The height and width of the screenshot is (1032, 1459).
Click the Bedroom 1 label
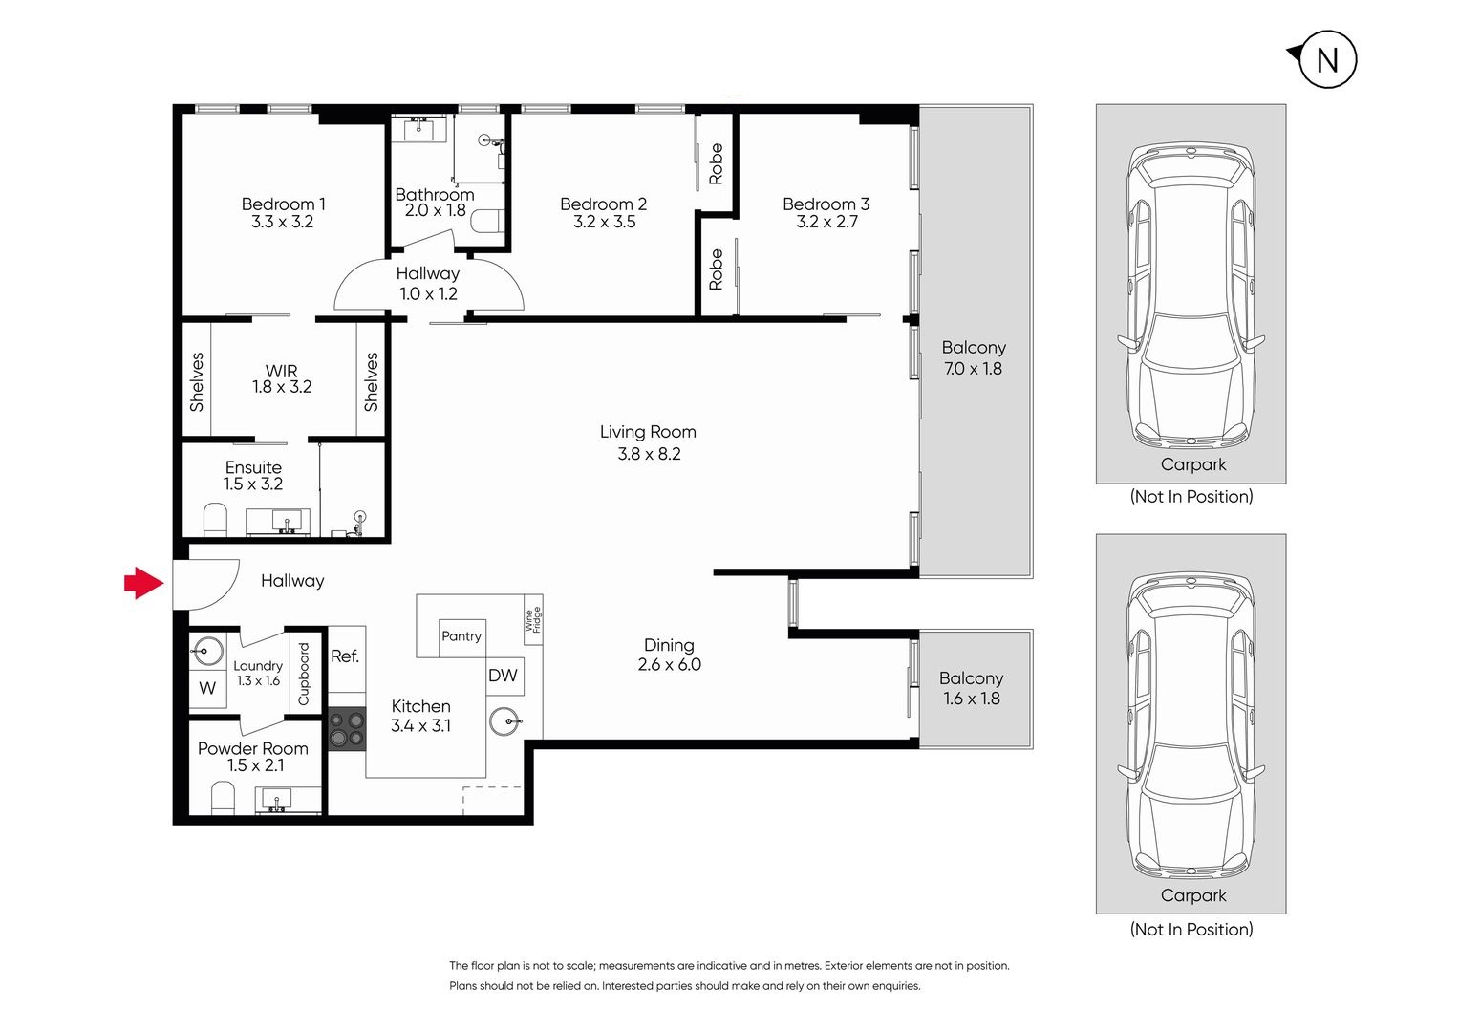pos(283,204)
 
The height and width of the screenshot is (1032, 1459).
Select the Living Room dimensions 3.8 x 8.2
pos(649,454)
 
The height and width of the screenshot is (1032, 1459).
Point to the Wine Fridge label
pos(533,620)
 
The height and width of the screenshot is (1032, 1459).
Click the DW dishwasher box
pos(504,677)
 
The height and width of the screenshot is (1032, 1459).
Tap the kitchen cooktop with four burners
pos(347,729)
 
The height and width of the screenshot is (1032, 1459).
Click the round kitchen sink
pos(505,721)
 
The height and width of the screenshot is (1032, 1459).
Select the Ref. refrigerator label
pos(345,656)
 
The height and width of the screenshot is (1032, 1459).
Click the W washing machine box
pos(207,688)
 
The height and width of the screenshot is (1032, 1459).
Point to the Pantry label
pos(461,636)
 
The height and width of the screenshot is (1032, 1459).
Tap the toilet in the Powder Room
pos(223,799)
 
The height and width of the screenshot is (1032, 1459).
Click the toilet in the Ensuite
pos(216,521)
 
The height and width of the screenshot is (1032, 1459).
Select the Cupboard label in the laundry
pos(304,674)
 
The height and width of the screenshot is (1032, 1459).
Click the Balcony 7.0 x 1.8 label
pos(974,358)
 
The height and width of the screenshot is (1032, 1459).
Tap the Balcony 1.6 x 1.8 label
pos(971,688)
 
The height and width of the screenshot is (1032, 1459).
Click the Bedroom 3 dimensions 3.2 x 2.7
pos(826,223)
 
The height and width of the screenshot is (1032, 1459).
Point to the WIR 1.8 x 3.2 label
pos(282,378)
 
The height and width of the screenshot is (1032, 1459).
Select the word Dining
pos(669,645)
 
